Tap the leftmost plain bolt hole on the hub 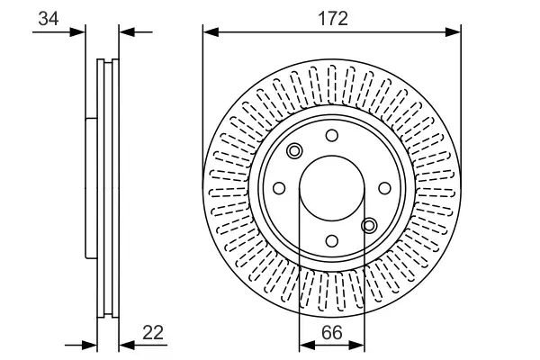pos(278,188)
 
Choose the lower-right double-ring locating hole pos(368,225)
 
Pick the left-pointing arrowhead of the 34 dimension pos(126,32)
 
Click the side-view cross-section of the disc pos(106,189)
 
